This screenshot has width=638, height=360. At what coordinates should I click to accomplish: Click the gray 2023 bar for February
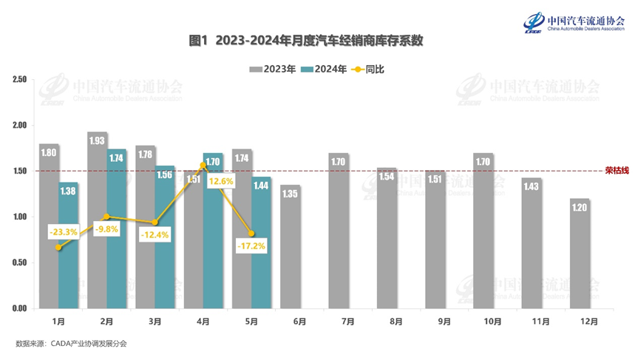tap(97, 222)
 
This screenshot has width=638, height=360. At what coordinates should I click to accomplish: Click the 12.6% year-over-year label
tap(221, 181)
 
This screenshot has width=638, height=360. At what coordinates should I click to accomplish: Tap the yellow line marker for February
tap(106, 217)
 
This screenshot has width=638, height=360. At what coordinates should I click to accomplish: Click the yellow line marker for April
tap(203, 165)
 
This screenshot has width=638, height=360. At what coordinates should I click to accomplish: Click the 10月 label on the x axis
tap(493, 322)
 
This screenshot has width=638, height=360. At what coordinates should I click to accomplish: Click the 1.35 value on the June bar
tap(291, 194)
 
